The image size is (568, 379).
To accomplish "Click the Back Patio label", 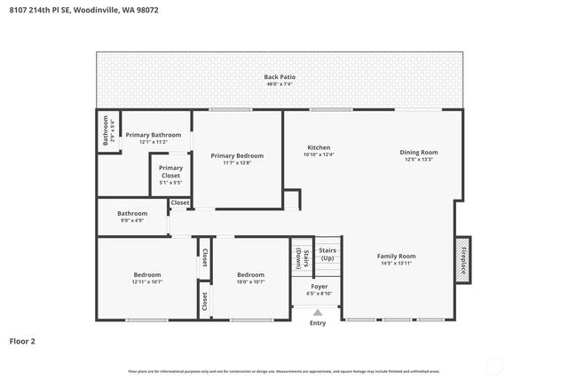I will (280, 77).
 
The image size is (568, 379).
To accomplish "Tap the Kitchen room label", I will (319, 147).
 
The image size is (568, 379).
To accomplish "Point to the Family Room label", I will (397, 257).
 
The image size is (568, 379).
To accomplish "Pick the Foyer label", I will (319, 287).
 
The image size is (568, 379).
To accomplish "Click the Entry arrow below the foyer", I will (318, 312).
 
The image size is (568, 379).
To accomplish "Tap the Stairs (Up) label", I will (327, 254).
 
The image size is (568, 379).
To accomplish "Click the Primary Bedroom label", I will (237, 155).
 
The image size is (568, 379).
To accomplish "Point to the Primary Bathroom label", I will (154, 135).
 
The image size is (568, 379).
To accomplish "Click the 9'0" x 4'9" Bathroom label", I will (132, 213).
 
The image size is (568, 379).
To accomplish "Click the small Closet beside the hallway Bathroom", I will (180, 203).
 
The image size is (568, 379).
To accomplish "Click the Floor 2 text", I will (23, 340).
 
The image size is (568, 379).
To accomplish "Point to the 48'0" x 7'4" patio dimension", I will (280, 84).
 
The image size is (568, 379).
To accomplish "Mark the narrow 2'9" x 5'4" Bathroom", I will (106, 130).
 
